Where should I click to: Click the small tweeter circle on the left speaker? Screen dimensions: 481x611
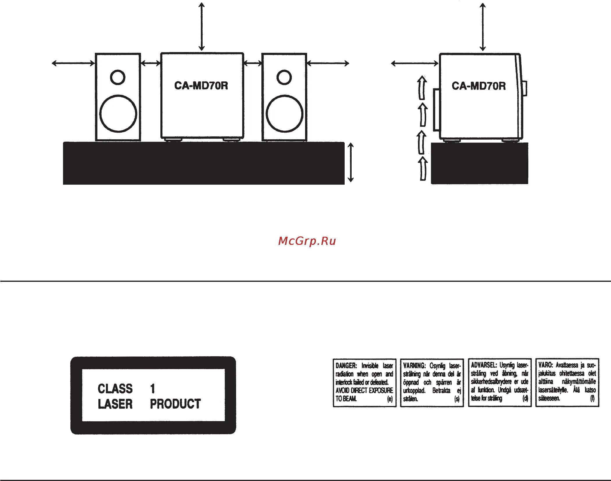click(x=118, y=77)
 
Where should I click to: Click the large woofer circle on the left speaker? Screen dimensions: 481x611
click(x=118, y=113)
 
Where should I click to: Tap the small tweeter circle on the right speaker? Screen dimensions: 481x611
click(x=284, y=77)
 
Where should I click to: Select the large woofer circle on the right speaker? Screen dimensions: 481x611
click(x=284, y=113)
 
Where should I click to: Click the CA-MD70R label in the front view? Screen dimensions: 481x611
click(x=201, y=85)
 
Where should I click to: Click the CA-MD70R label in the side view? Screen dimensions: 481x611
click(x=479, y=86)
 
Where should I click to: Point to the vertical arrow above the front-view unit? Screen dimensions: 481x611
click(x=201, y=26)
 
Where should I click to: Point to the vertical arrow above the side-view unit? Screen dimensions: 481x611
click(x=483, y=27)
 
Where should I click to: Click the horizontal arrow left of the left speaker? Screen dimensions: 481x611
click(x=73, y=63)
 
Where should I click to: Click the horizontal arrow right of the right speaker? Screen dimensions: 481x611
click(x=328, y=63)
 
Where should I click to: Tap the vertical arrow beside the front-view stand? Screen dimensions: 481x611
click(x=351, y=162)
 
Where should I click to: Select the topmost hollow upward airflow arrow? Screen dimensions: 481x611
click(x=422, y=88)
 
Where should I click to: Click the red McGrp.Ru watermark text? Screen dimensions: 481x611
click(x=307, y=241)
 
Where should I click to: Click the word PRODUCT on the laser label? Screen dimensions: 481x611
click(x=175, y=404)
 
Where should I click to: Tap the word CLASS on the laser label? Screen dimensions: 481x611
click(x=115, y=389)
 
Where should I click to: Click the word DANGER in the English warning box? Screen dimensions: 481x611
click(x=346, y=366)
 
